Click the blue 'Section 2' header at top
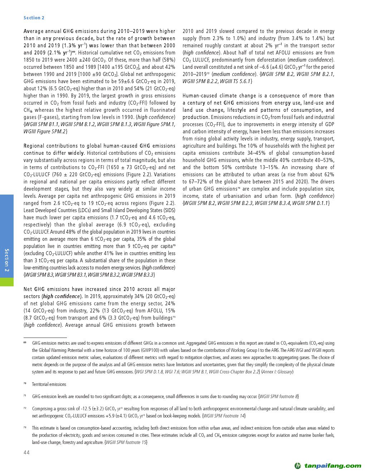34,18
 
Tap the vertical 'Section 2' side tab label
7,260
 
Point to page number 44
26,453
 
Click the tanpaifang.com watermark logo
327,466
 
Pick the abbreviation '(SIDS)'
167,210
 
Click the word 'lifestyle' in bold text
237,110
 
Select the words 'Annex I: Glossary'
278,372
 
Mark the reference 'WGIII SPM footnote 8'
278,397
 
